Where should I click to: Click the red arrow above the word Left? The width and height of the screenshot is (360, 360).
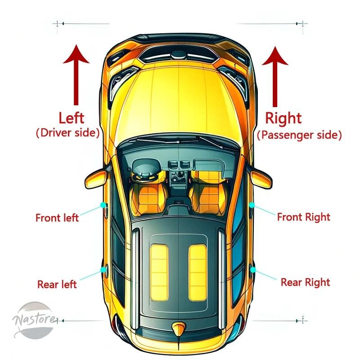(76, 75)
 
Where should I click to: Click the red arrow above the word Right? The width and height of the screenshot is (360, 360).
(275, 76)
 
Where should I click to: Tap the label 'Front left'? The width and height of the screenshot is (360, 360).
(57, 218)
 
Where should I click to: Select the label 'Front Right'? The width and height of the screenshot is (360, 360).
(303, 217)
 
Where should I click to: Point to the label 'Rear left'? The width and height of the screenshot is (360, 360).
(57, 284)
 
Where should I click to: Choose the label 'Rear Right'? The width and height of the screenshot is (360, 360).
(306, 283)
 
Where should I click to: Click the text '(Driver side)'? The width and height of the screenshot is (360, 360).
(68, 133)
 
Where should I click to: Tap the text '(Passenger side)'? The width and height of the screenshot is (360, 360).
(299, 135)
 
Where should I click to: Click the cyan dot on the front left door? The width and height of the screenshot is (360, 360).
(103, 205)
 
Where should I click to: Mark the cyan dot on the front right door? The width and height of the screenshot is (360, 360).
(252, 205)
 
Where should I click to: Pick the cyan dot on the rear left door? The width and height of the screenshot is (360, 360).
(103, 270)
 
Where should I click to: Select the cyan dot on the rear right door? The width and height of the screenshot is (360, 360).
(253, 270)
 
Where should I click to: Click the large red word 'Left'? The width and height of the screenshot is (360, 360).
(72, 118)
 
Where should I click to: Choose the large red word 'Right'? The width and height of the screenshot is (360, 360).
(283, 119)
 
